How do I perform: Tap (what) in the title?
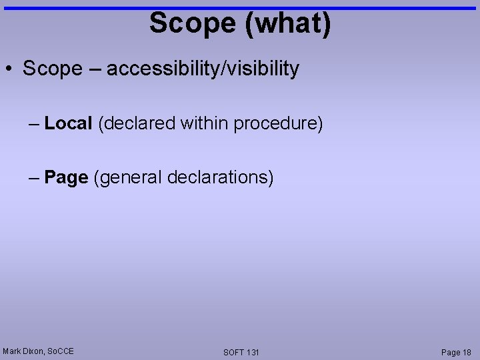[x=288, y=23]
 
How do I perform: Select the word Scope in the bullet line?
[x=52, y=68]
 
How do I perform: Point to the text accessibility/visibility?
[x=203, y=68]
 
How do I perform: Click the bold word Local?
[x=68, y=123]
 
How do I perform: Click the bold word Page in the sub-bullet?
[x=66, y=178]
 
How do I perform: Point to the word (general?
[x=128, y=179]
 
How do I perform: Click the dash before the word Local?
[x=34, y=124]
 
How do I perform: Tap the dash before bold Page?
[x=34, y=179]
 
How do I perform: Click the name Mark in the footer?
[x=12, y=351]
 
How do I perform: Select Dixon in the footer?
[x=33, y=351]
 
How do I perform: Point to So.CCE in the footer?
[x=61, y=351]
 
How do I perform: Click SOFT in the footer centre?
[x=234, y=352]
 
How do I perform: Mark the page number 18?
[x=466, y=352]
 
